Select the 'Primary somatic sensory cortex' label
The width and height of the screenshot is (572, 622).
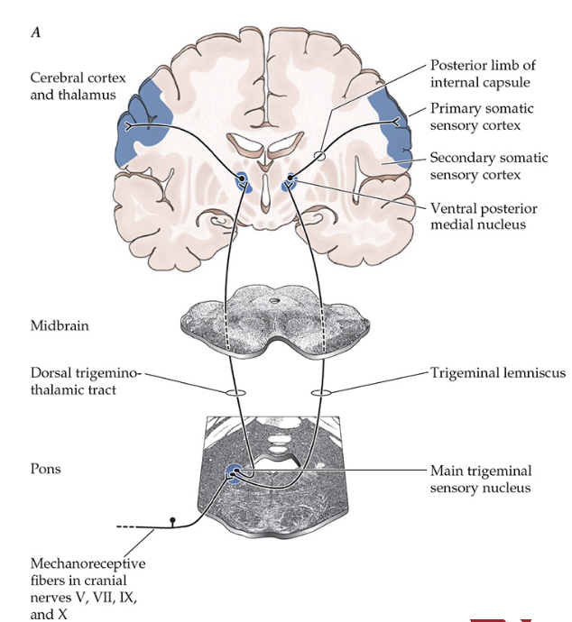(480, 116)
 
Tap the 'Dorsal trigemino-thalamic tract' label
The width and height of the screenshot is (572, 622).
(87, 380)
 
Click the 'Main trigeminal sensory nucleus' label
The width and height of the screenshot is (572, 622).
(481, 479)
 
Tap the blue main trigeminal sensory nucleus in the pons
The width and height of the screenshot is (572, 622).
(233, 471)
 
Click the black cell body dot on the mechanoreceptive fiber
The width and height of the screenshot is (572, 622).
(173, 521)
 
